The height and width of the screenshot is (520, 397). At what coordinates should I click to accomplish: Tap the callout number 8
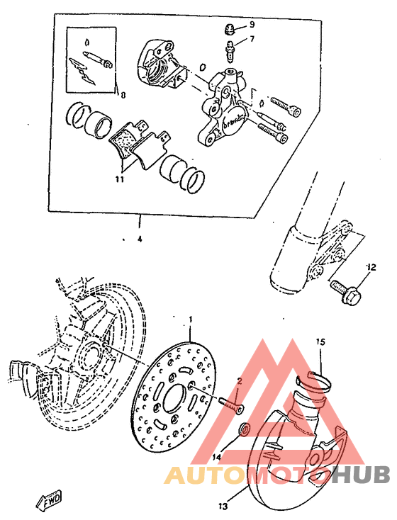pyautogui.click(x=122, y=94)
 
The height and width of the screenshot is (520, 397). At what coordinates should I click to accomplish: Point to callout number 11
pyautogui.click(x=120, y=180)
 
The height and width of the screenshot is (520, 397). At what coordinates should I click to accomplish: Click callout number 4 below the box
pyautogui.click(x=140, y=239)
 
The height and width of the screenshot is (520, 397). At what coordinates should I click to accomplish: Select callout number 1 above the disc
pyautogui.click(x=189, y=321)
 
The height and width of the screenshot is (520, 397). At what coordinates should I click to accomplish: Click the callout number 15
pyautogui.click(x=320, y=342)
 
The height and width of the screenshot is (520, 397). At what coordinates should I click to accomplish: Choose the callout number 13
pyautogui.click(x=223, y=506)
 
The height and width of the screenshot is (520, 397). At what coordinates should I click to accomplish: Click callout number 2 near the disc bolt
pyautogui.click(x=239, y=380)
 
